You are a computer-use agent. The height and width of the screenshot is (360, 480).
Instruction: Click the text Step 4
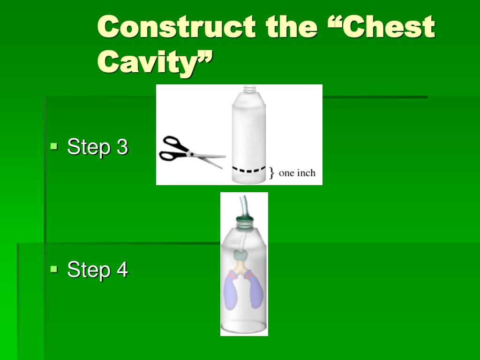click(97, 270)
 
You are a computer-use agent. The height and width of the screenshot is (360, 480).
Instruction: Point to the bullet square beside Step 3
click(54, 146)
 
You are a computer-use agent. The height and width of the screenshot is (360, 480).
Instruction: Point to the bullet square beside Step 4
click(54, 269)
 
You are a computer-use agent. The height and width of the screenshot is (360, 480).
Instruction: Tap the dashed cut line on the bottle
click(249, 169)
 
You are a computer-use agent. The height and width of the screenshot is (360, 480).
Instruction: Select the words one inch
click(297, 173)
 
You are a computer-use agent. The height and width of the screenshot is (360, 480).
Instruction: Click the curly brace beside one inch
click(271, 172)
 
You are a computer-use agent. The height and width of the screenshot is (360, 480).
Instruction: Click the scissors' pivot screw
click(191, 154)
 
